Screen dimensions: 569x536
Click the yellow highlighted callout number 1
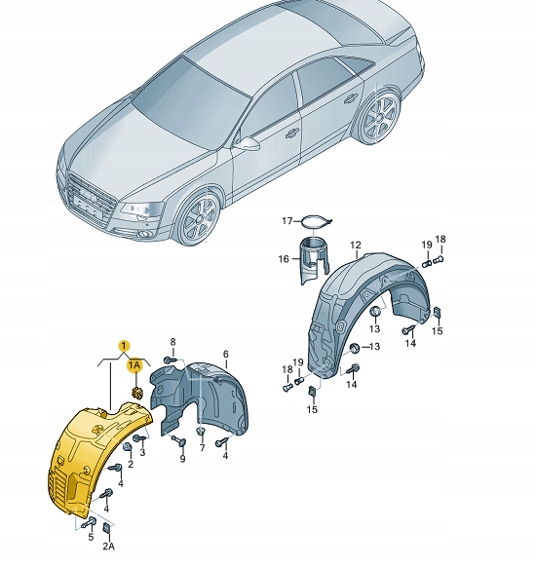tap(123, 345)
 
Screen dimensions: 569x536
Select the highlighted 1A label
tap(135, 364)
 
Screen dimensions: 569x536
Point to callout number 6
tap(225, 354)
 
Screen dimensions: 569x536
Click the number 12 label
tap(356, 245)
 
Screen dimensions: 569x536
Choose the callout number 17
tap(287, 221)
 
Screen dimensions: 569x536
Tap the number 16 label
tap(285, 259)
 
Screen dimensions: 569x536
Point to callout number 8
tap(172, 342)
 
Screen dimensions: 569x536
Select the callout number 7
tap(203, 448)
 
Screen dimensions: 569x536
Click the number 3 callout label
tap(142, 452)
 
